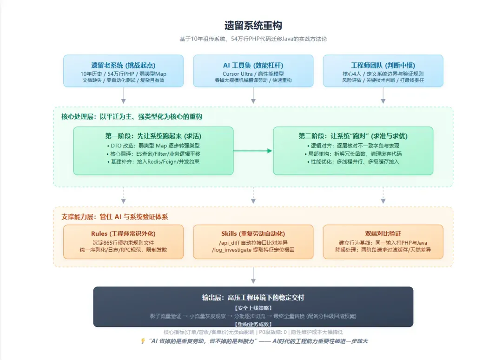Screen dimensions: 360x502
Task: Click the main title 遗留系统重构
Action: coord(253,25)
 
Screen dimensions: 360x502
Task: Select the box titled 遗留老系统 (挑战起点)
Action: coord(123,71)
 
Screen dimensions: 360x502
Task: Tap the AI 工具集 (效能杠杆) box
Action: coord(253,71)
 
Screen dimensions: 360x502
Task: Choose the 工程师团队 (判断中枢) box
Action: coord(383,71)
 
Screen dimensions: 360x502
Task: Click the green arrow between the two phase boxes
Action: coord(253,151)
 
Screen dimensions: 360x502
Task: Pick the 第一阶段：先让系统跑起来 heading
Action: coord(153,136)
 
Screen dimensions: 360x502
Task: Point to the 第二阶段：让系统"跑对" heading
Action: coord(353,136)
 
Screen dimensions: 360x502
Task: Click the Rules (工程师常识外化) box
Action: coord(123,242)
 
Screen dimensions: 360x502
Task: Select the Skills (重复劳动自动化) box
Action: coord(253,242)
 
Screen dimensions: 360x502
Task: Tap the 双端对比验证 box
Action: coord(383,242)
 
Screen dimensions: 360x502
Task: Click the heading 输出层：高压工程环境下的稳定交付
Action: coord(253,298)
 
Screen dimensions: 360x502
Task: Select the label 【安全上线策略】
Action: coord(253,308)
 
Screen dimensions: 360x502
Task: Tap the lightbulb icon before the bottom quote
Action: coord(143,341)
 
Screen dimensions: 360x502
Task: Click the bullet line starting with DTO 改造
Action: coord(153,146)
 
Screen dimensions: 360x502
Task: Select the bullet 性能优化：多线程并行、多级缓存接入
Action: coord(353,161)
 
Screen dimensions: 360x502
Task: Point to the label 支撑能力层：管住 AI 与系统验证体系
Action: coord(115,217)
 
